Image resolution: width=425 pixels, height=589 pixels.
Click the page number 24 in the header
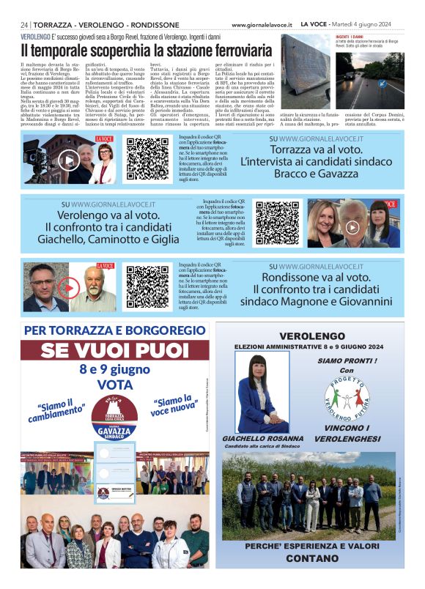[25, 24]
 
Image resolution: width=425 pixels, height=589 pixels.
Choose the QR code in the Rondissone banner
[147, 286]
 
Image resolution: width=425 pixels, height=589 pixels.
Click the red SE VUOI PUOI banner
[116, 350]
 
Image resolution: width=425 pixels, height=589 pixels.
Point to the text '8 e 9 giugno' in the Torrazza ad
[115, 368]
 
